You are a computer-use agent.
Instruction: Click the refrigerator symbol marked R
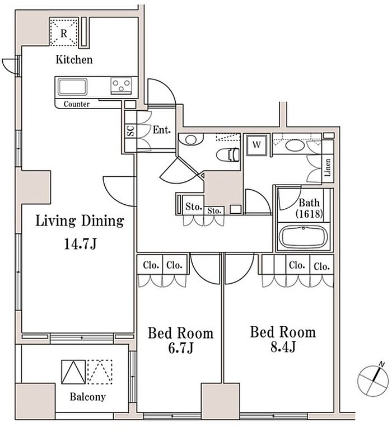(64, 31)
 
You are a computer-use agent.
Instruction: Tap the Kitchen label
(74, 60)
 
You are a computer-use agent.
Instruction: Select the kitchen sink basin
(73, 87)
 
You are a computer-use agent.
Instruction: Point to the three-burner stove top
(121, 86)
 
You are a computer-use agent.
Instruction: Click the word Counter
(77, 104)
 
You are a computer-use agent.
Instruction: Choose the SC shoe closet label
(130, 131)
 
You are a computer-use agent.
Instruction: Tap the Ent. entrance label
(162, 130)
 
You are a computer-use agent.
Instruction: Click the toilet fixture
(228, 154)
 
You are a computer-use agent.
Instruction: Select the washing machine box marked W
(256, 145)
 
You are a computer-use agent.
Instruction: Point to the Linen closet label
(328, 167)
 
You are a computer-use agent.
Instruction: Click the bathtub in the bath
(304, 237)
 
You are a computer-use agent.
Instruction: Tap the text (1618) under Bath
(310, 214)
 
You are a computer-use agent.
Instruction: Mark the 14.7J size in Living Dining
(80, 244)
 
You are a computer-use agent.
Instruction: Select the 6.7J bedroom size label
(181, 348)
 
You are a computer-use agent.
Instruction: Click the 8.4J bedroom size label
(283, 347)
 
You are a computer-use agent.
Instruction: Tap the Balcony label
(88, 397)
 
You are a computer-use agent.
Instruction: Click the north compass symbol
(373, 380)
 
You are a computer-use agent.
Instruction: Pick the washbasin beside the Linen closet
(295, 145)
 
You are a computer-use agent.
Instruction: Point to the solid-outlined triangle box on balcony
(73, 372)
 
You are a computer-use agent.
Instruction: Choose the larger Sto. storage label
(194, 207)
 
